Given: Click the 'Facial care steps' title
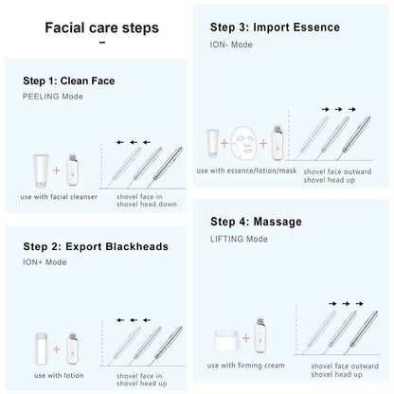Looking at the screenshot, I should tap(102, 27).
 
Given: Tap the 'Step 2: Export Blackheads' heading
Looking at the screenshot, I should tap(95, 246).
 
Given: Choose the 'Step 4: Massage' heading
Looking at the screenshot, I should tap(256, 222).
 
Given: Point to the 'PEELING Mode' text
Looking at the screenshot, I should tap(54, 97).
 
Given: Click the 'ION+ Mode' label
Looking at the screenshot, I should tap(44, 262).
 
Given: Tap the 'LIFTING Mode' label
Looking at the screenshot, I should tap(240, 238).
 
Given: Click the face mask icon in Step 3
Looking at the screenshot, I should tap(242, 144).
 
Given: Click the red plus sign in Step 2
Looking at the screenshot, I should tap(55, 349).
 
